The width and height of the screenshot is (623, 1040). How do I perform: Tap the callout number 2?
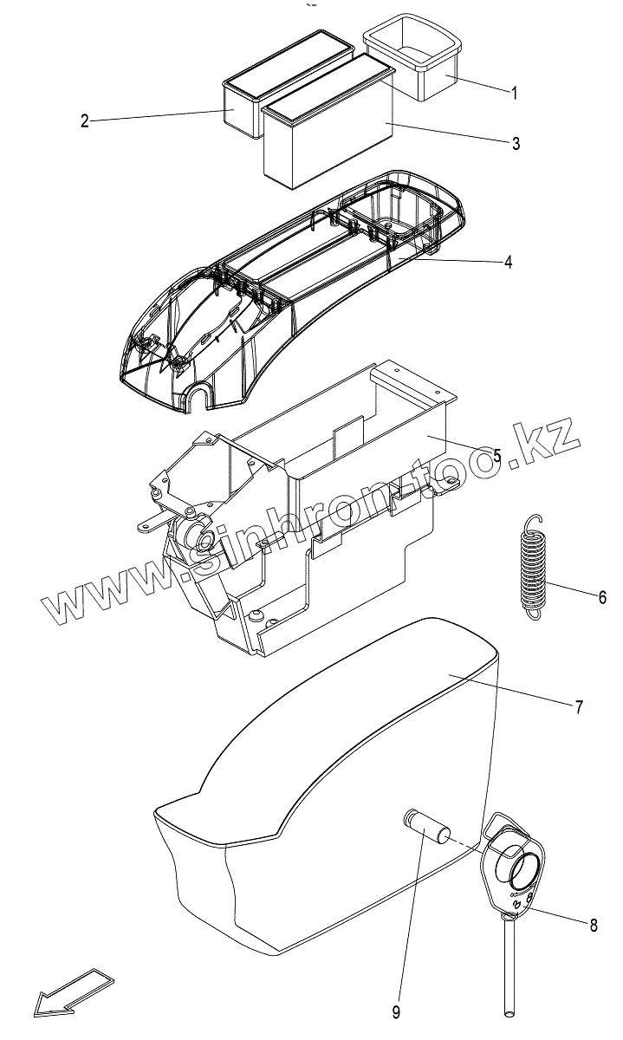coord(85,121)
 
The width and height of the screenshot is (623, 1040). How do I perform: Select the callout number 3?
coord(516,144)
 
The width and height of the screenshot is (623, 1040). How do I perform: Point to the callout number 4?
coord(509,261)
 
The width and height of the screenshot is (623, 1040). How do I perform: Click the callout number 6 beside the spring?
coord(602,597)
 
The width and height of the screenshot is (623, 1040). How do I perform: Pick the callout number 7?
coord(578,706)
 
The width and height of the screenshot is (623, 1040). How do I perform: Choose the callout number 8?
coord(594,926)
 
